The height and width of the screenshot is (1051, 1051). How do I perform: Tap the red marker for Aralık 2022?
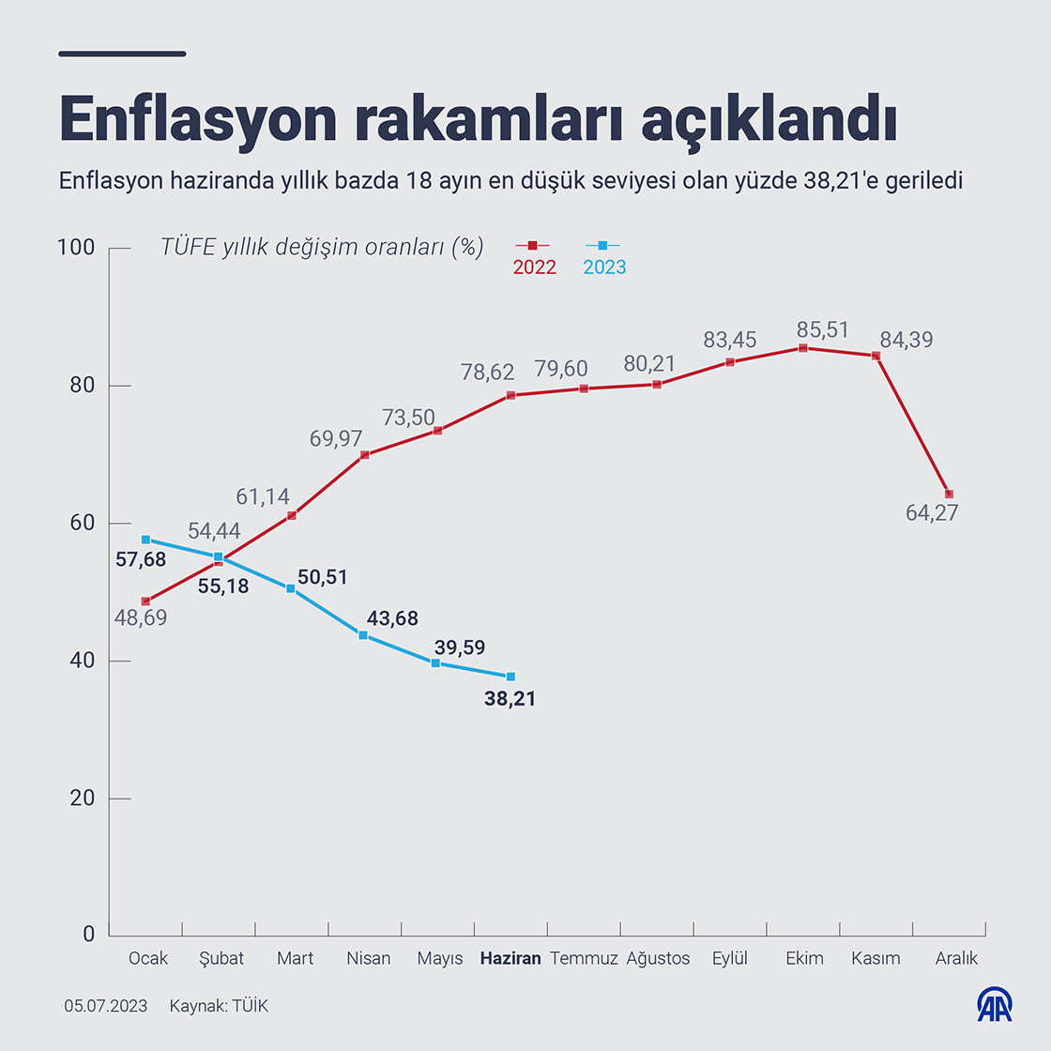[949, 495]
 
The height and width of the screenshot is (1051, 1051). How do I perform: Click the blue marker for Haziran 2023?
[510, 677]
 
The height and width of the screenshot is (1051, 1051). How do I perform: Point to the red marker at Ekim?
[803, 348]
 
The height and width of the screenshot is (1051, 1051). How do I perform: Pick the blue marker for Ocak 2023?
[145, 540]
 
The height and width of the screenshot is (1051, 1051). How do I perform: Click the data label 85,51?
[822, 329]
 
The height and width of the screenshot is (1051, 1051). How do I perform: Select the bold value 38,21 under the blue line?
[510, 698]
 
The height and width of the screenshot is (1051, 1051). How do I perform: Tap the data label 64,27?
[932, 513]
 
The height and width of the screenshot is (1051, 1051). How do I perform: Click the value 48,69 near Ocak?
[141, 618]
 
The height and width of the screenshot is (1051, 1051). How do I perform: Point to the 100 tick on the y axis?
[76, 248]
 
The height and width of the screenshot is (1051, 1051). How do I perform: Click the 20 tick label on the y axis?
[83, 799]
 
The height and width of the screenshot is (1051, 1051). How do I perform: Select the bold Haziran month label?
[510, 958]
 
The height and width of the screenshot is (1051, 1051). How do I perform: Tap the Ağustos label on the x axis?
[658, 958]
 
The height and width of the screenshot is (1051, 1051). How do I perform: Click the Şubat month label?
[221, 958]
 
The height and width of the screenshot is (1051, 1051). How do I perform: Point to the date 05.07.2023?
[106, 1006]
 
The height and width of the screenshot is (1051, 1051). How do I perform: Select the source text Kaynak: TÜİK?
[219, 1006]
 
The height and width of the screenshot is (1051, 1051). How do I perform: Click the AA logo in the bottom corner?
[994, 1004]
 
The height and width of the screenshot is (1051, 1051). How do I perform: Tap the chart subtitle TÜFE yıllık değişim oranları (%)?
[322, 247]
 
